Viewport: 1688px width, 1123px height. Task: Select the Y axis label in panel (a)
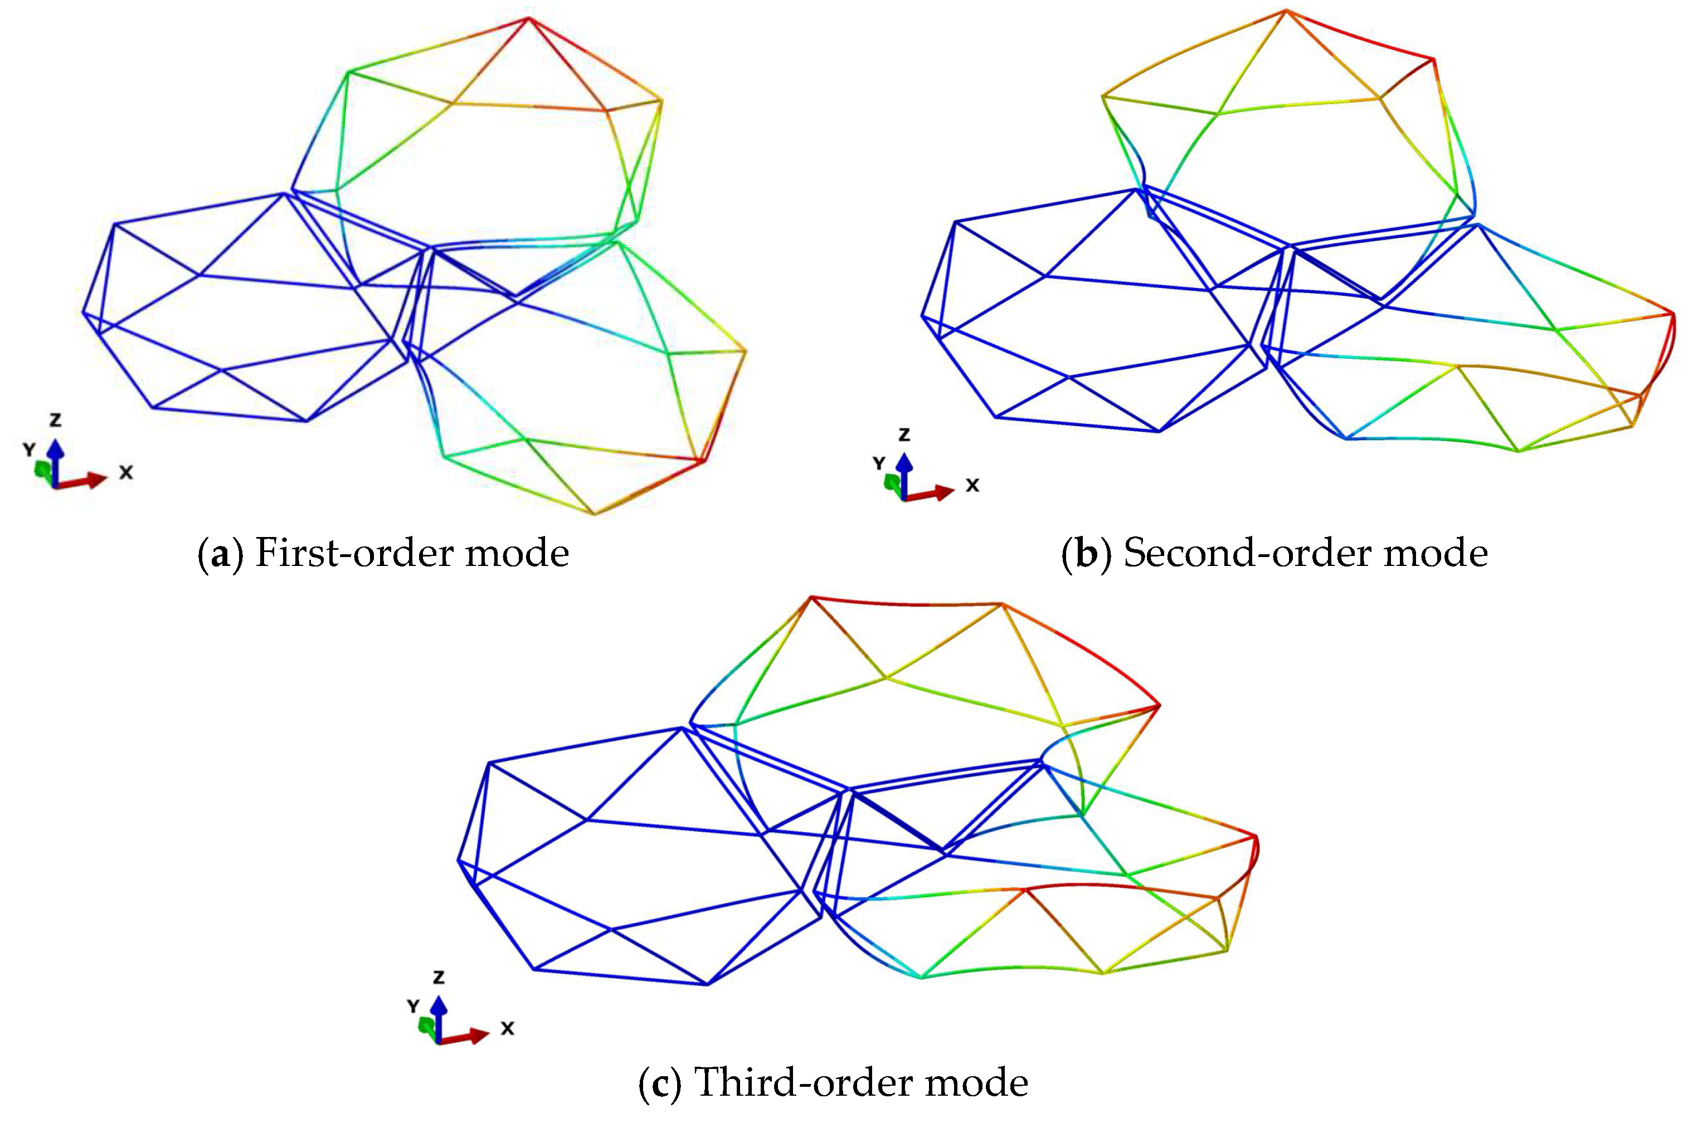tap(28, 450)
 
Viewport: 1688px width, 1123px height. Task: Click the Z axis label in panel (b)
tap(904, 434)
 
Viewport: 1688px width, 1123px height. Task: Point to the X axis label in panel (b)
tap(972, 486)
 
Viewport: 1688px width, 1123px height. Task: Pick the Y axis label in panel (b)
tap(879, 463)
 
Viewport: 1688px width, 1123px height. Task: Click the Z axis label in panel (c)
tap(439, 977)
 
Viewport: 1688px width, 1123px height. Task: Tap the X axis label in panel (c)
tap(507, 1028)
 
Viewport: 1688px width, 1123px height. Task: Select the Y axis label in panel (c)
tap(414, 1006)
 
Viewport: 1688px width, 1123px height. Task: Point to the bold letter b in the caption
tap(1086, 554)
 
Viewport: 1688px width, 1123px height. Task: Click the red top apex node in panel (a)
tap(529, 18)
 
